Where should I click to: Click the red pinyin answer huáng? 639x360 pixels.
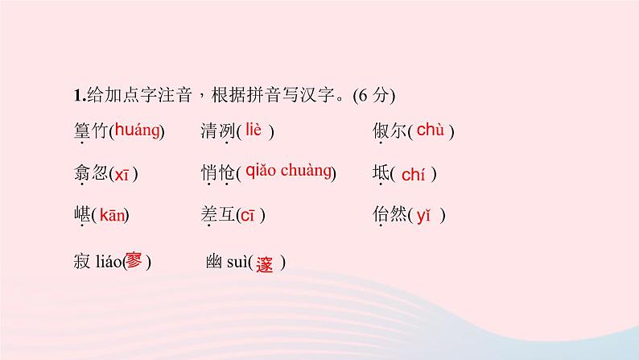pos(137,130)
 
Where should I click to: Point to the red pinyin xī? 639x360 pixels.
pos(121,174)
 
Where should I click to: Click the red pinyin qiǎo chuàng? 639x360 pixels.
pos(288,170)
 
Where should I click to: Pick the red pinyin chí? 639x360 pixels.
pos(412,174)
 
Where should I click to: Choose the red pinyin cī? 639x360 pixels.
pos(248,215)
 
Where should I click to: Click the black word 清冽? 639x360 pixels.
pos(217,132)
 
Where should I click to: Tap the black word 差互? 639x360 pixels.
pos(217,216)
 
